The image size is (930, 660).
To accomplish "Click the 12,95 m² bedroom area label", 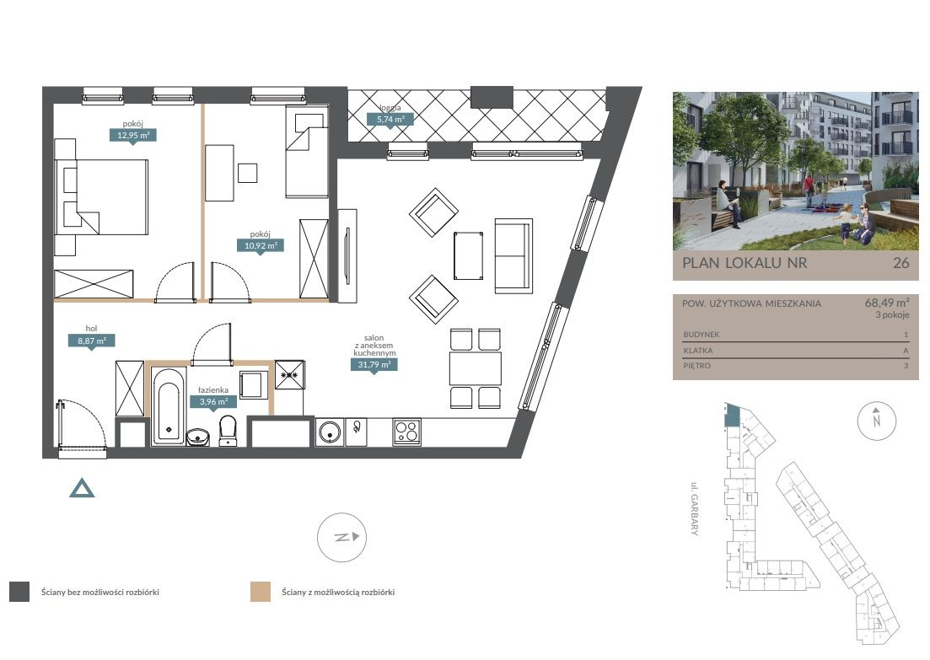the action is coord(133,135).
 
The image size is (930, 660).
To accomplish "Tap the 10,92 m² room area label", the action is coord(261,245).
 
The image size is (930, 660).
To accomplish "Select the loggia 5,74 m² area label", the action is coord(390,119).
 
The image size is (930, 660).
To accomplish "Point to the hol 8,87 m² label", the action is coord(91,341).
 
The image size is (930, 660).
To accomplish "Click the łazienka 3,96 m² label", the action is coord(213,401).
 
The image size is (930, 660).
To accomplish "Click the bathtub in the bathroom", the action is coord(168,406).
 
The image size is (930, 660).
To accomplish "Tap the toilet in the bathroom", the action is coord(228,430).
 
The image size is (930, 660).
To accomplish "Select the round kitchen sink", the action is coord(329,432).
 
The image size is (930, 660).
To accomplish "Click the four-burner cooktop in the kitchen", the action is coord(407,432).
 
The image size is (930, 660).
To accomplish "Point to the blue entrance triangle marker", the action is coord(82,488).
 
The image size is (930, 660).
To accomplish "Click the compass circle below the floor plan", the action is coord(341,537).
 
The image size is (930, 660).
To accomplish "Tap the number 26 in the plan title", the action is coord(901,263).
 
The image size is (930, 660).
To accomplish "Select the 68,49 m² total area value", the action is coord(887,303).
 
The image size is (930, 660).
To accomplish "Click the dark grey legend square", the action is coord(19,592).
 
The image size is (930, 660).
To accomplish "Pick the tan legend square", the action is coord(261,592).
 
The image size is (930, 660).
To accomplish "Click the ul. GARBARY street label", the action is coord(694,509).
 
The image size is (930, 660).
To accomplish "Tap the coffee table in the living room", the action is coord(469,255).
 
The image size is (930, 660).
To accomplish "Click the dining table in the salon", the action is coord(476,369).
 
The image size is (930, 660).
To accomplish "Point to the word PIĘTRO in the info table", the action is coord(697,366).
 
